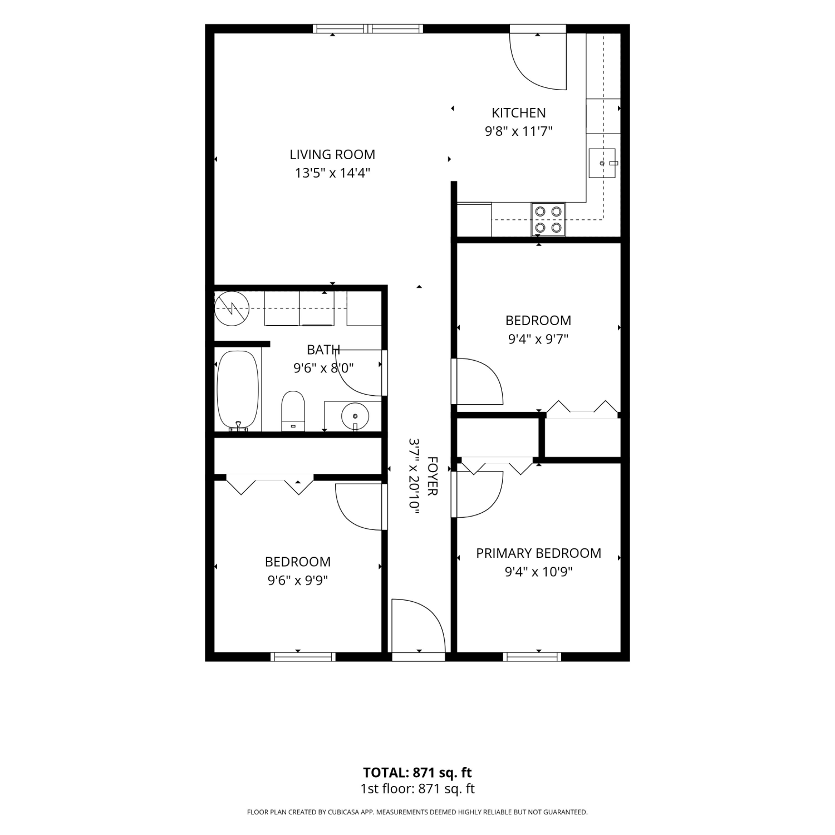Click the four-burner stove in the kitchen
pyautogui.click(x=548, y=219)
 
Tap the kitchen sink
pyautogui.click(x=602, y=163)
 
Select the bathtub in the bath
pyautogui.click(x=238, y=390)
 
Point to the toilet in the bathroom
pyautogui.click(x=293, y=411)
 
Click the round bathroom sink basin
pyautogui.click(x=355, y=415)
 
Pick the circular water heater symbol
pyautogui.click(x=231, y=308)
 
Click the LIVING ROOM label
pyautogui.click(x=332, y=154)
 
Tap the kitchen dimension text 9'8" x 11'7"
pyautogui.click(x=518, y=131)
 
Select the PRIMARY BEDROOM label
pyautogui.click(x=538, y=553)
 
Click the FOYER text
pyautogui.click(x=433, y=476)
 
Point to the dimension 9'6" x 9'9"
pyautogui.click(x=298, y=580)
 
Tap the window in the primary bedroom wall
pyautogui.click(x=532, y=656)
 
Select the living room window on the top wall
pyautogui.click(x=367, y=29)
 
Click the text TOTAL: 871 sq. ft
pyautogui.click(x=417, y=773)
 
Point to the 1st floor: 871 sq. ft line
pyautogui.click(x=417, y=789)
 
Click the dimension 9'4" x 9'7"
pyautogui.click(x=538, y=339)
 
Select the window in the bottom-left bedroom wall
pyautogui.click(x=303, y=656)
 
